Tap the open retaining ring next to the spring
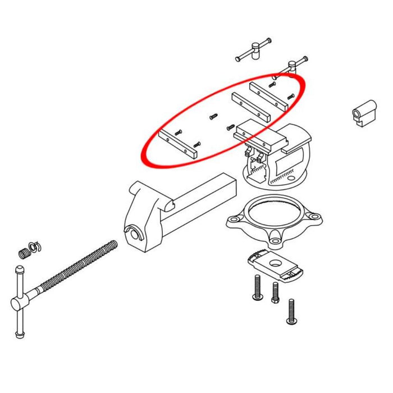(x=35, y=246)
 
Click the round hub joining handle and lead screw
(x=19, y=303)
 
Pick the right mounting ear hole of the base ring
(x=314, y=216)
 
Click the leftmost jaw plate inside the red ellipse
(x=179, y=144)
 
